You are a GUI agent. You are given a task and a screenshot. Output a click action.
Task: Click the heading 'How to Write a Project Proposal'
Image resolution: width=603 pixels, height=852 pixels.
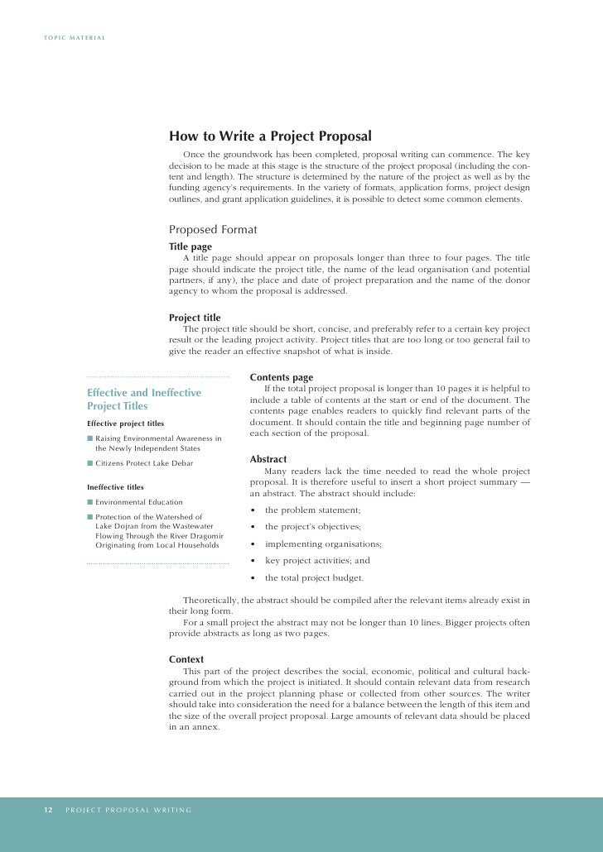point(270,136)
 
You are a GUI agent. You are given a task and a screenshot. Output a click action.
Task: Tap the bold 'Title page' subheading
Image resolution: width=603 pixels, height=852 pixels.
point(191,247)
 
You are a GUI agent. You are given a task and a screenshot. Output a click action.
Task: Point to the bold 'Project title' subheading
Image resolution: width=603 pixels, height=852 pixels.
point(195,318)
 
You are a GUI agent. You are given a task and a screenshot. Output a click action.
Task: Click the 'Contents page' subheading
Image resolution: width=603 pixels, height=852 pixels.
point(281,378)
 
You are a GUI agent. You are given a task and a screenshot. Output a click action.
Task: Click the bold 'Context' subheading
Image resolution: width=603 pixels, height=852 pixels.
point(186,659)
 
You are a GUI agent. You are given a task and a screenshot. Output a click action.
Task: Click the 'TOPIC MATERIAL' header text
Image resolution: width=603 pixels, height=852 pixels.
point(75,39)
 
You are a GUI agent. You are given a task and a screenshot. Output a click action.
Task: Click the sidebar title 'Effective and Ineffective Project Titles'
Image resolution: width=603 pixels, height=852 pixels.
point(144,400)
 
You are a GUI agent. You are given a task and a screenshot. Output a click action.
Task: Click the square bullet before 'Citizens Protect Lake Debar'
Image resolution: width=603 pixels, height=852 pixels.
point(90,463)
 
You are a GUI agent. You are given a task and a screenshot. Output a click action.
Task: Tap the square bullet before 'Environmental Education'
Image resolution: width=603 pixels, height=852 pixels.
point(90,502)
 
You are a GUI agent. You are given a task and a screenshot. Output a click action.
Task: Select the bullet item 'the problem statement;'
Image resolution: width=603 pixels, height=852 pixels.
point(312,510)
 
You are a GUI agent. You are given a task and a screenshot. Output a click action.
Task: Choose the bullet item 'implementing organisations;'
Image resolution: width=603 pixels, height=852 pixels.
point(323,544)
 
